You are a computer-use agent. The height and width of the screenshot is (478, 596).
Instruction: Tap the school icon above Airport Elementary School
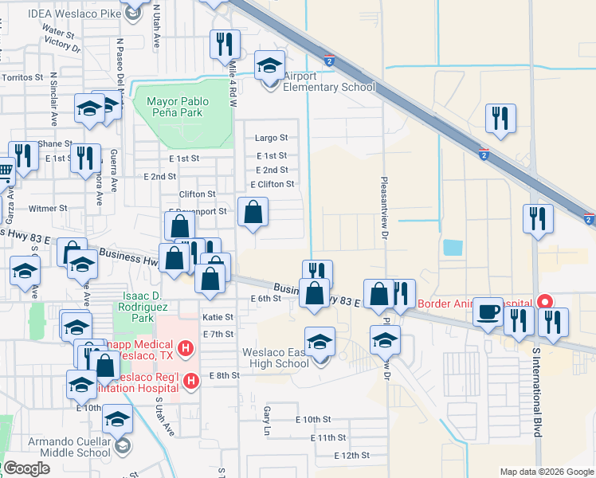point(269,65)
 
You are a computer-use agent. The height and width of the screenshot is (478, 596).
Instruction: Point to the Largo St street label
point(271,138)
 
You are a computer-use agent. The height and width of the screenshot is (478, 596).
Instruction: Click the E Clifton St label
point(273,184)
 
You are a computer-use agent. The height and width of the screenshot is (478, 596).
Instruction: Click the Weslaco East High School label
point(276,358)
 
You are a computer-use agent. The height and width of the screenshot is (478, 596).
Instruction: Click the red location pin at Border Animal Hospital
point(545,302)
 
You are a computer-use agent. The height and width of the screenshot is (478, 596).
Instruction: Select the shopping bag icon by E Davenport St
point(253,212)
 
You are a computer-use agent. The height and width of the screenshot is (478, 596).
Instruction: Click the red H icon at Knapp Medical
point(186,348)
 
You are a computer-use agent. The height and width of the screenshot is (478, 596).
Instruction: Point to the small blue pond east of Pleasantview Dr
point(452,247)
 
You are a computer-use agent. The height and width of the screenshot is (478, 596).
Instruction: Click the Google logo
point(27,468)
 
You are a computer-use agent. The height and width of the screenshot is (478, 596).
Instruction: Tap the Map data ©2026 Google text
point(546,471)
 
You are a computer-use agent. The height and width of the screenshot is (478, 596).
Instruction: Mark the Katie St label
point(218,316)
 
